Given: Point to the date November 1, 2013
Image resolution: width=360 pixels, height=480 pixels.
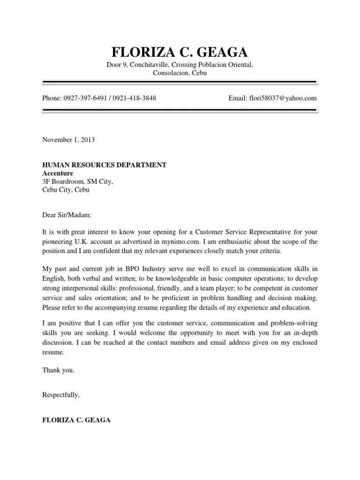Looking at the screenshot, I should tap(68, 140).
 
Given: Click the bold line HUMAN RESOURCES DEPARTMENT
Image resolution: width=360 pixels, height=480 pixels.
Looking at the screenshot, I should tap(104, 165).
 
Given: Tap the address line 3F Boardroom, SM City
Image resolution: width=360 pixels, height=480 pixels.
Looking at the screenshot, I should tap(78, 182).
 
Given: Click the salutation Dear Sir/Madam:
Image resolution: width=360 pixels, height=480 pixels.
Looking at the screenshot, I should tap(68, 216).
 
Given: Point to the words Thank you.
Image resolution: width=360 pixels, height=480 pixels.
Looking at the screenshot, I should tap(58, 370).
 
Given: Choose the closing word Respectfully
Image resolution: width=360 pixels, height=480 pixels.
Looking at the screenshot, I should tap(61, 395).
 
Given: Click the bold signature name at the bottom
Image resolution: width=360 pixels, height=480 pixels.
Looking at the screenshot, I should tap(76, 420).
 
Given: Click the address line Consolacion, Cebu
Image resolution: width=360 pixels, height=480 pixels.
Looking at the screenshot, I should tap(180, 73).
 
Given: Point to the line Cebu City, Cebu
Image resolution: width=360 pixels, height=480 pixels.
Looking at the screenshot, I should tap(66, 190).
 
